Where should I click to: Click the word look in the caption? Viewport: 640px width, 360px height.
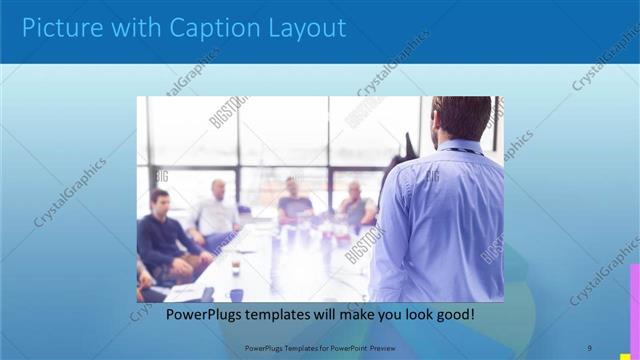411,315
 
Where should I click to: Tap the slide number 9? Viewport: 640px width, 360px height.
589,348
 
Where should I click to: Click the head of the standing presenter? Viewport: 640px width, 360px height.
462,117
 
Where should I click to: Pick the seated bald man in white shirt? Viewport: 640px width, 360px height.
217,211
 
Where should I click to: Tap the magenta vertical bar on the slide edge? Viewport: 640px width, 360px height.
634,300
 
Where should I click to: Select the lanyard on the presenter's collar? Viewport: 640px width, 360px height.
463,151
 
